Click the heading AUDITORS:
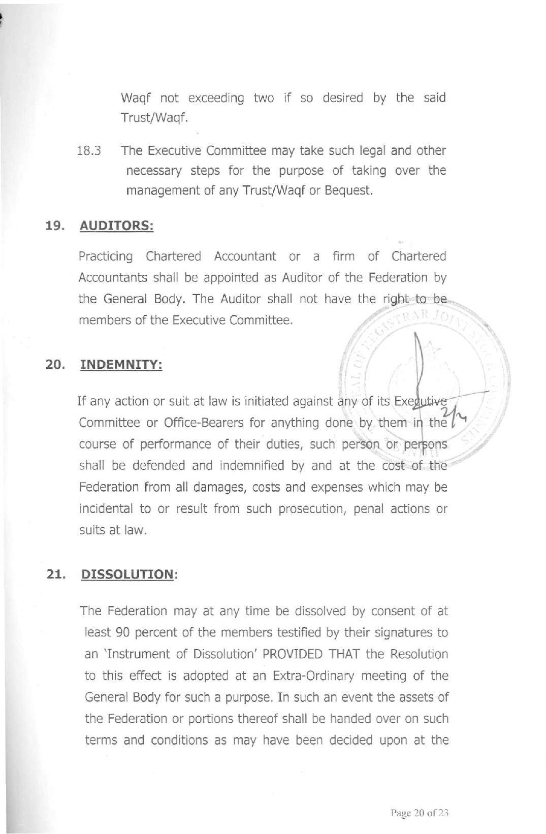116,226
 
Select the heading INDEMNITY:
121,365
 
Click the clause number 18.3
89,151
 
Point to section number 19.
54,226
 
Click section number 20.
55,365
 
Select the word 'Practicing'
106,256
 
